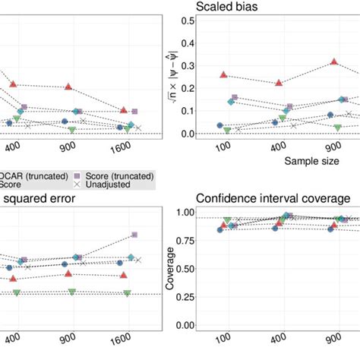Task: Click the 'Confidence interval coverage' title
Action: click(x=273, y=198)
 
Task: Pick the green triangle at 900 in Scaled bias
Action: click(x=337, y=128)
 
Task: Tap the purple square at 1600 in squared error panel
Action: click(x=134, y=235)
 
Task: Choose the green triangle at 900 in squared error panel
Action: click(x=72, y=292)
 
